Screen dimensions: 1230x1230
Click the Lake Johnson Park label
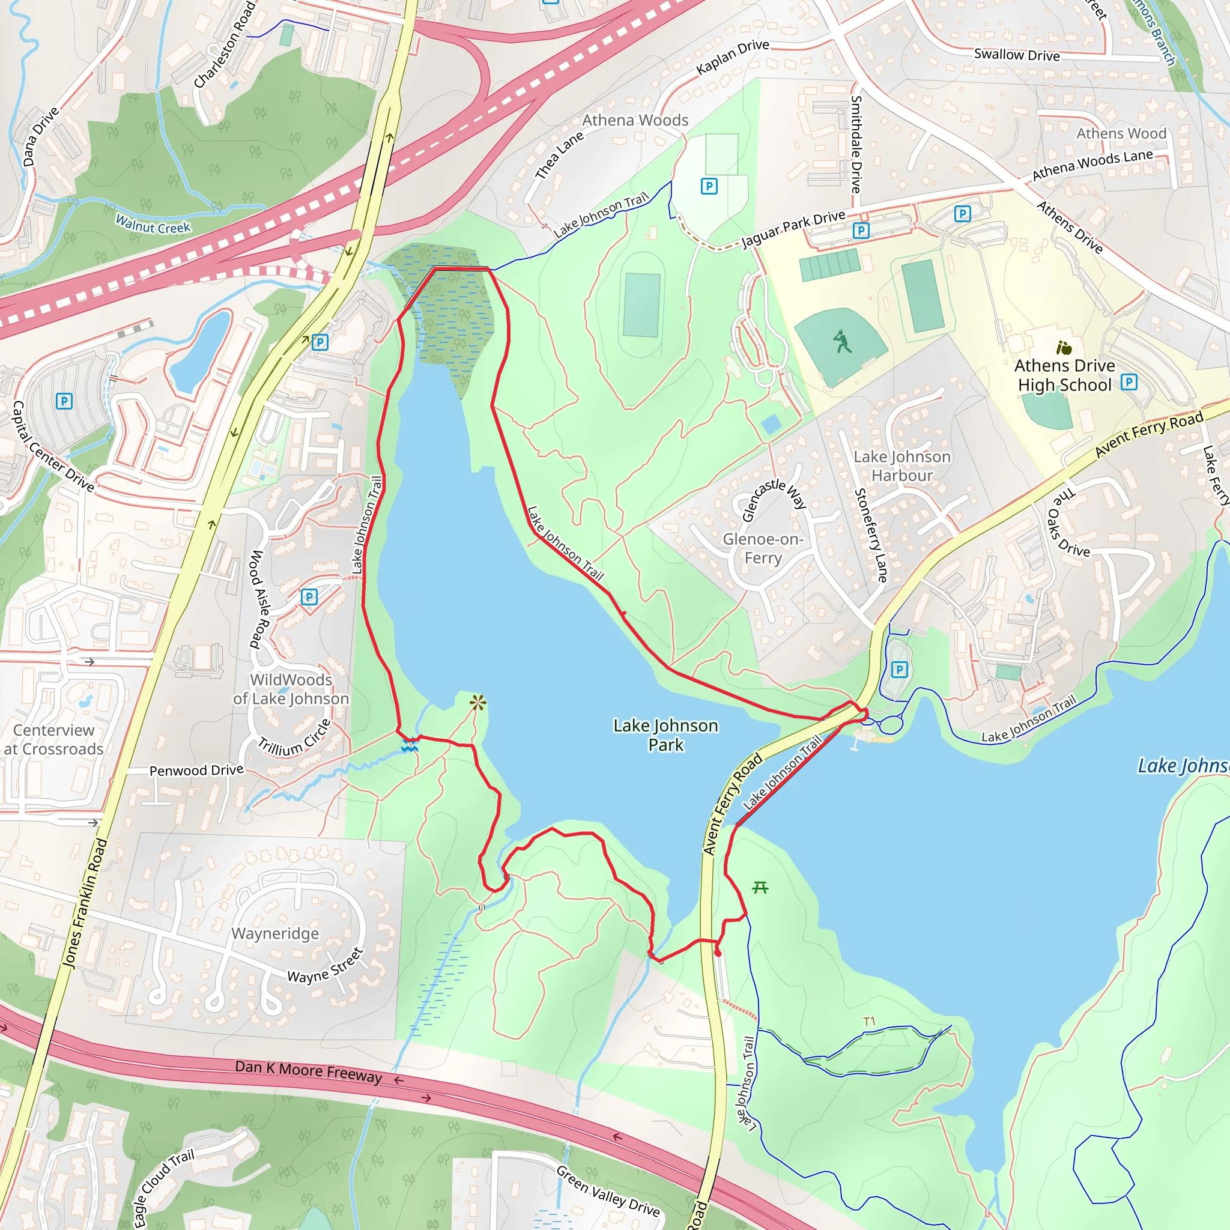point(665,735)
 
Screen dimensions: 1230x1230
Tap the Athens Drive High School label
point(1064,375)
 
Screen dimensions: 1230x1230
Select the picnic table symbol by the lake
point(760,888)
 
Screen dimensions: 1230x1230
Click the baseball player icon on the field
point(842,342)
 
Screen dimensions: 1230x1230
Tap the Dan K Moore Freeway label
point(308,1071)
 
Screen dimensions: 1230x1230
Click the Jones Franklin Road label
point(85,904)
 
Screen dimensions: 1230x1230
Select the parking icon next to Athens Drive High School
point(1129,382)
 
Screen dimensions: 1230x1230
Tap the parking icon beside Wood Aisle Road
point(309,596)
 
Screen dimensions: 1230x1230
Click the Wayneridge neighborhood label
point(275,933)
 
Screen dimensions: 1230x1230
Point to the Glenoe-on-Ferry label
point(763,548)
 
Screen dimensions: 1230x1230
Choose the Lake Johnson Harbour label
point(902,466)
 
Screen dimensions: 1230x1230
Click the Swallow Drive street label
point(1017,55)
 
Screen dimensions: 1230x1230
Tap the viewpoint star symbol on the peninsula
point(477,703)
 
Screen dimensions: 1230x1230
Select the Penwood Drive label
point(196,771)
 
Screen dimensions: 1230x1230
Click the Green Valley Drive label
point(607,1190)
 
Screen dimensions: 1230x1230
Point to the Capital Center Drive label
point(53,446)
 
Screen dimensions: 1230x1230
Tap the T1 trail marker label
point(869,1022)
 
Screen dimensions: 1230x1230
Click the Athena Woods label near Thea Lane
point(635,120)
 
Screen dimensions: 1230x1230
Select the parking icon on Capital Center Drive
point(64,401)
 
